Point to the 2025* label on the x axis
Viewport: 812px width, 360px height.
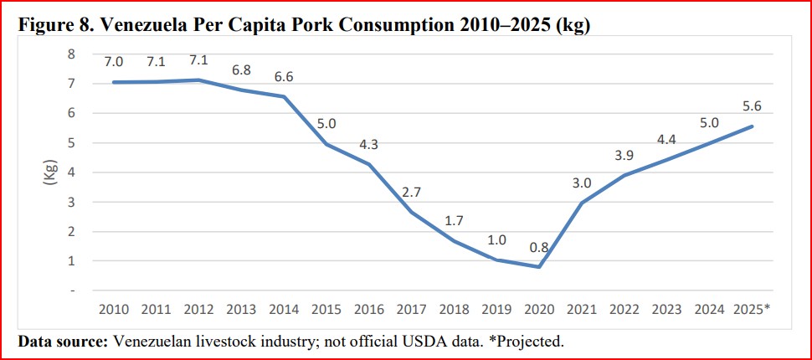(x=752, y=309)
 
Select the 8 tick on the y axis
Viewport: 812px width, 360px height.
(x=72, y=54)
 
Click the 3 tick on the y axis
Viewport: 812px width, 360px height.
(x=72, y=202)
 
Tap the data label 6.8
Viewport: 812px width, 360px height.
(x=242, y=70)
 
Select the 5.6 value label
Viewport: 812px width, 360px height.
(x=751, y=107)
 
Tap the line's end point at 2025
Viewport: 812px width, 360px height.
(x=751, y=126)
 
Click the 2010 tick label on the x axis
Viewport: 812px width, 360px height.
(x=113, y=309)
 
